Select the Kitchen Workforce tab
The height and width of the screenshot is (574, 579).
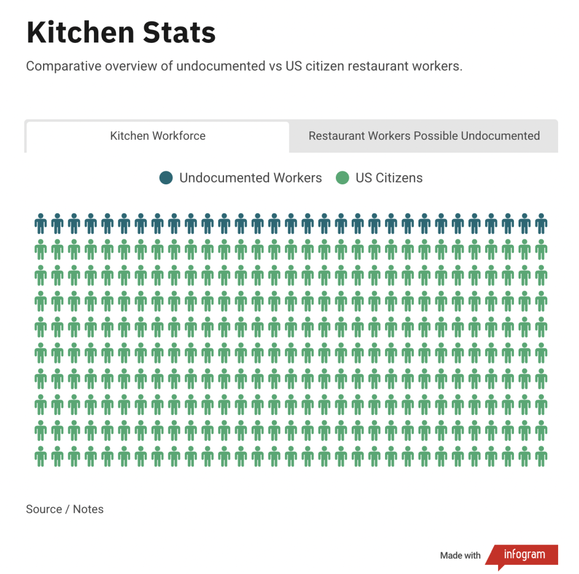[158, 136]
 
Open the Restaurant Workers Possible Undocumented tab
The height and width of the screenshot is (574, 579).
[424, 136]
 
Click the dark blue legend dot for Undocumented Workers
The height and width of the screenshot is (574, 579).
[166, 178]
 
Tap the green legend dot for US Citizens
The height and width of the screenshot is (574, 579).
[342, 178]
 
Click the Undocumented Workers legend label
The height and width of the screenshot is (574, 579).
[250, 178]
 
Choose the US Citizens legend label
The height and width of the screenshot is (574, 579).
[389, 178]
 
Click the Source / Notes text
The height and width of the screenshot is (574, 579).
[64, 509]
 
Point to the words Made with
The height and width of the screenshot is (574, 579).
[460, 556]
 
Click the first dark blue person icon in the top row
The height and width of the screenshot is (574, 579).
[40, 224]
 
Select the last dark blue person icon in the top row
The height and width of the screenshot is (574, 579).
[541, 224]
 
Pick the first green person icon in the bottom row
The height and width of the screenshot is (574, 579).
[40, 456]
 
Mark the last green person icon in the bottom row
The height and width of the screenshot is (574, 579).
[541, 456]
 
